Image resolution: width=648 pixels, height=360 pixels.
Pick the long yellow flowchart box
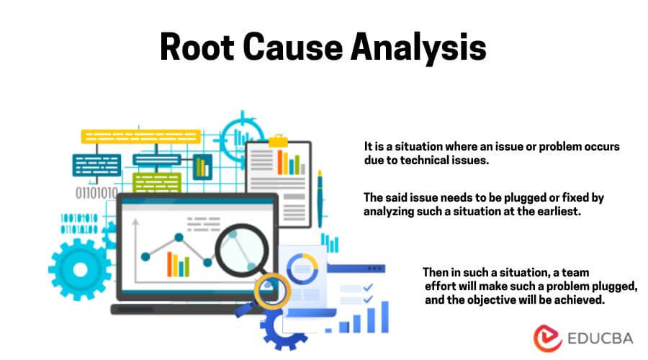pos(140,136)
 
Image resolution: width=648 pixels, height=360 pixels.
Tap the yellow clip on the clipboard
pos(278,143)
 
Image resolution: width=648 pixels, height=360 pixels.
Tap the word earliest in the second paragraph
pos(555,212)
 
